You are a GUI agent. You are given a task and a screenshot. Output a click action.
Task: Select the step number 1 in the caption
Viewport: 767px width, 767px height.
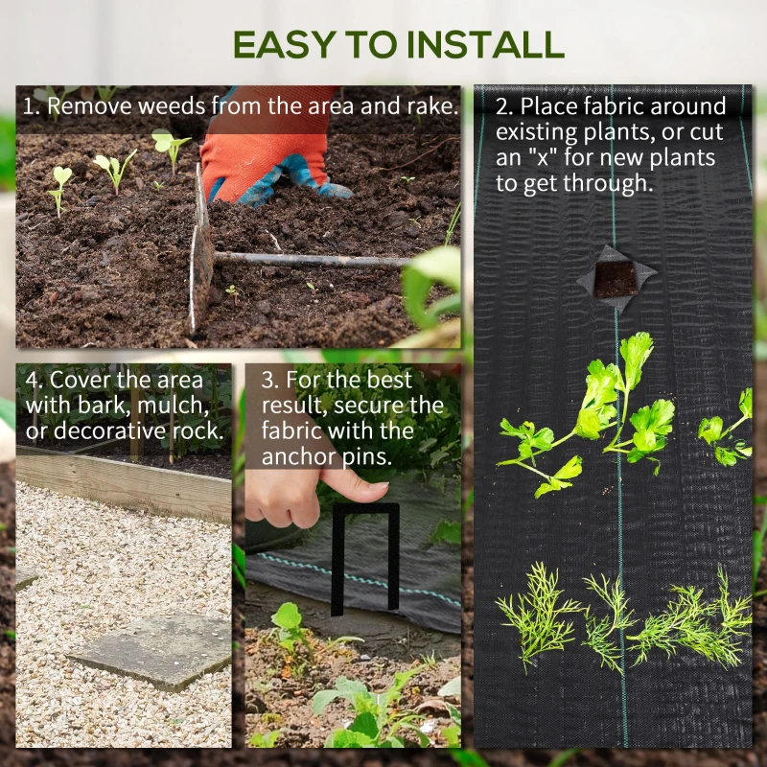pos(30,105)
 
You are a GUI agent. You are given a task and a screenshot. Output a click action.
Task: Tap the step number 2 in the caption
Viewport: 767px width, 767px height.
pos(501,105)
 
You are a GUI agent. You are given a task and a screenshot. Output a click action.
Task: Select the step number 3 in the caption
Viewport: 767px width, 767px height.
pos(269,379)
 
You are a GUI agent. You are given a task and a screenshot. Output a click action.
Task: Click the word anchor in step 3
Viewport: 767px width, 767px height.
pos(296,457)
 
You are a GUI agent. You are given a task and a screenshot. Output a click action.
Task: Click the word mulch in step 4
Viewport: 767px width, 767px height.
pos(174,405)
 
